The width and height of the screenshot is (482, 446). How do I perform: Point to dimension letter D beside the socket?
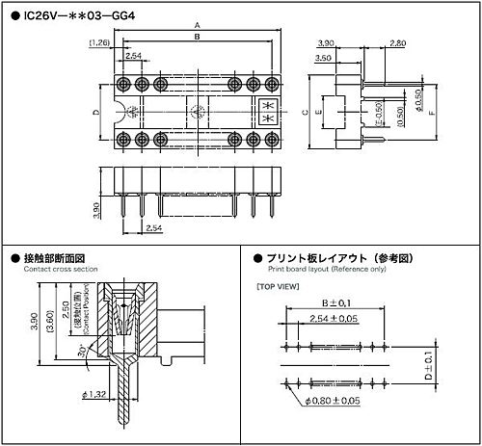pos(96,113)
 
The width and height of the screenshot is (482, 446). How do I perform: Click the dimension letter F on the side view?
pos(432,113)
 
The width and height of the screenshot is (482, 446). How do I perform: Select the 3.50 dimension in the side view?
pos(325,59)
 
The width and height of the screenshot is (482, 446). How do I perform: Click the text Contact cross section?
pos(54,270)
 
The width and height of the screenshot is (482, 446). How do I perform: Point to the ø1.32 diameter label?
pos(94,421)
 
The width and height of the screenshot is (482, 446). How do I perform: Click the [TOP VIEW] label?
pos(277,287)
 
